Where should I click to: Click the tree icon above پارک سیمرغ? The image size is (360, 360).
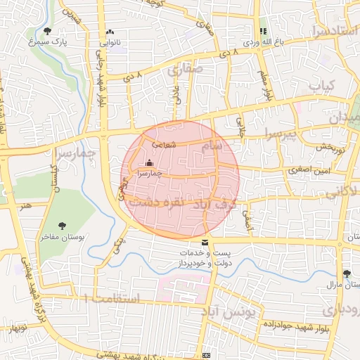tap(48, 31)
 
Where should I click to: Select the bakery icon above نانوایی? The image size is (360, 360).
tap(110, 32)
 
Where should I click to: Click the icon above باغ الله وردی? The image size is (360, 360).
tap(263, 31)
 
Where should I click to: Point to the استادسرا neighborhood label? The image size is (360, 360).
tap(333, 32)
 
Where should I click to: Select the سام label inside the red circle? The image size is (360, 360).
tap(212, 144)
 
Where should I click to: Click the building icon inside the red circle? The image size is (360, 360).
tap(149, 163)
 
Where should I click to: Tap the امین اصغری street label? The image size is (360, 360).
tap(304, 170)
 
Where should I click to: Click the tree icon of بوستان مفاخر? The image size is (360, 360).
tap(63, 226)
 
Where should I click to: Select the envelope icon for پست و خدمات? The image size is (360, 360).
tap(205, 243)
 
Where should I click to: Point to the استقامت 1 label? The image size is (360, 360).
tap(112, 300)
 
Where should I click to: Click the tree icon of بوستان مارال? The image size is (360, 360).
tap(346, 274)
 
